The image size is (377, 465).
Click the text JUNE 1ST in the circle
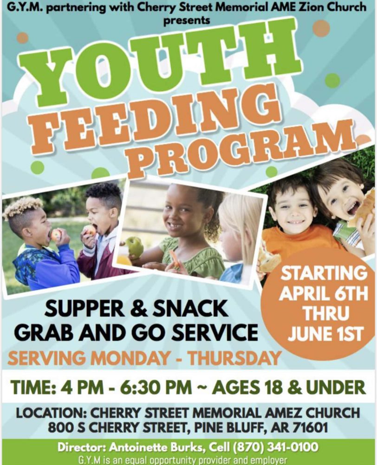[325, 334]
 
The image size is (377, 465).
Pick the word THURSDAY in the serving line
[235, 359]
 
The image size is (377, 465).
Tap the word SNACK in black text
[190, 308]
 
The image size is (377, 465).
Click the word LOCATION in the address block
[50, 413]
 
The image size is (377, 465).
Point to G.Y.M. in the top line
[25, 7]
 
